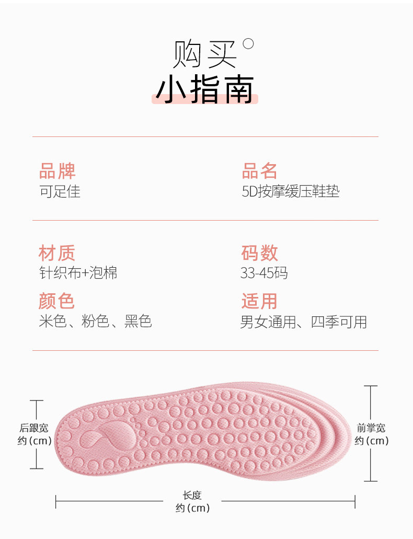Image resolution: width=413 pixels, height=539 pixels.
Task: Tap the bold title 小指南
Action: click(204, 89)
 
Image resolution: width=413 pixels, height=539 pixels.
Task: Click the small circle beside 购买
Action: click(248, 44)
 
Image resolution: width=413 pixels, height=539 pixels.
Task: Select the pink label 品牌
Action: click(57, 171)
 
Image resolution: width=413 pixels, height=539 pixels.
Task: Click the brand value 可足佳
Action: click(60, 191)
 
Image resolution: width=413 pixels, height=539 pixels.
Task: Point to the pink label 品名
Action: click(259, 171)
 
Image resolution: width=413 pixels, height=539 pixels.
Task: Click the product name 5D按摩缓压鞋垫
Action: click(290, 191)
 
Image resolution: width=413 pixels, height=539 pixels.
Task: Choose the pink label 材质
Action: click(57, 253)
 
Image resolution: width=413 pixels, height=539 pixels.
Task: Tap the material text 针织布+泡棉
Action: click(78, 272)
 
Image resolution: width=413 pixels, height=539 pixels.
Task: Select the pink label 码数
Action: click(259, 253)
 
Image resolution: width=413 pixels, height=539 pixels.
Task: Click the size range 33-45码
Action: click(264, 273)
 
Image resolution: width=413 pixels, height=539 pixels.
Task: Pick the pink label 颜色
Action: click(57, 301)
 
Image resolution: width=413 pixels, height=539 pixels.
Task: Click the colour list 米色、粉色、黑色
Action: click(95, 321)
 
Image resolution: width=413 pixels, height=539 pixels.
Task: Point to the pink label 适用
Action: click(259, 301)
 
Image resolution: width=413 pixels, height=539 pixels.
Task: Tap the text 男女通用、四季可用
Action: click(303, 322)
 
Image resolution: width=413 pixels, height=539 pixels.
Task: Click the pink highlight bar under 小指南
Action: click(204, 99)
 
